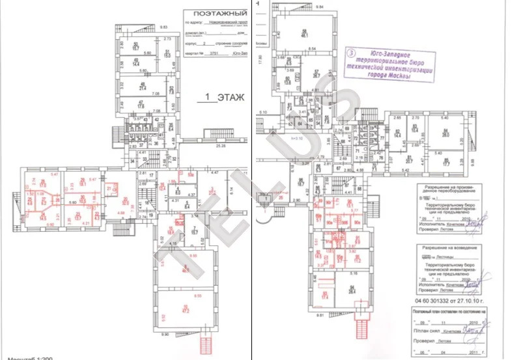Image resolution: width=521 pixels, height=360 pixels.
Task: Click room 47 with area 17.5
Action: (140, 105)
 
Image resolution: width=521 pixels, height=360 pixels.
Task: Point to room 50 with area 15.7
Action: (136, 45)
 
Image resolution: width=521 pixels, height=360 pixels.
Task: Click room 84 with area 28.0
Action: (446, 134)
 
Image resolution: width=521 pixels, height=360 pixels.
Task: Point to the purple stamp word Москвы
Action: (397, 76)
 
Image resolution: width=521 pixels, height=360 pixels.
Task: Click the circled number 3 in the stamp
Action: (352, 51)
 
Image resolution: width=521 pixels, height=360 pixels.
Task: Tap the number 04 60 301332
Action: (433, 301)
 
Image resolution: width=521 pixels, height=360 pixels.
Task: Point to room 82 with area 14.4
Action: (397, 133)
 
